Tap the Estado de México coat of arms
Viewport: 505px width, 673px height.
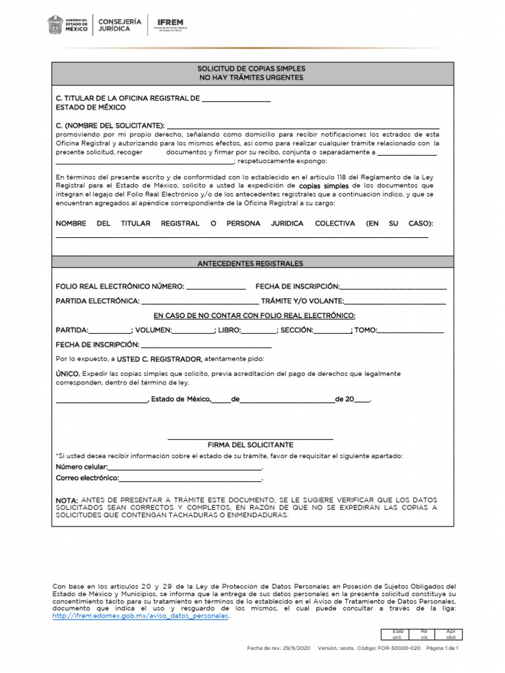click(55, 25)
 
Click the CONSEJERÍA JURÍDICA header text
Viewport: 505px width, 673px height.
click(119, 25)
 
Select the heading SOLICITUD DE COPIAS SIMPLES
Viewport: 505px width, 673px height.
click(251, 68)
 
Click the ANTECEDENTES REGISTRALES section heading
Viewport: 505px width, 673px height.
click(251, 263)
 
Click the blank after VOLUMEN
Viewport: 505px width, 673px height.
click(193, 331)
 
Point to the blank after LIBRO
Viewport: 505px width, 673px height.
click(258, 331)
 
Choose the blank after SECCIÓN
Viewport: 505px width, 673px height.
click(332, 331)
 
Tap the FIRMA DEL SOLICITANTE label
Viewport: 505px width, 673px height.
click(251, 445)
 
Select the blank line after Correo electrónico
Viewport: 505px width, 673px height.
click(191, 480)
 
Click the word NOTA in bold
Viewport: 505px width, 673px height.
click(67, 501)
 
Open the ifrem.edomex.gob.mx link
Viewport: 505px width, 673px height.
click(141, 616)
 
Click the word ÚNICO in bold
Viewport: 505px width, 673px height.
click(68, 373)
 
